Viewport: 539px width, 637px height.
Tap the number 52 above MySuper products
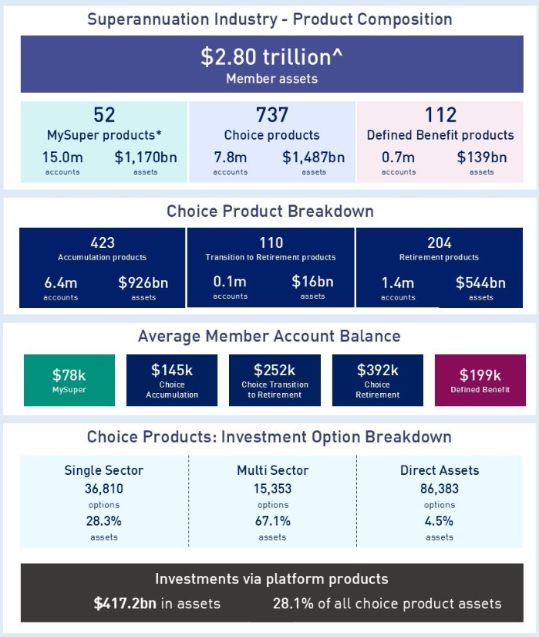(104, 115)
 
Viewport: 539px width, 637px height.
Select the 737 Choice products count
(272, 115)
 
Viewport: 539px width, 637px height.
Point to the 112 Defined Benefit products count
(440, 115)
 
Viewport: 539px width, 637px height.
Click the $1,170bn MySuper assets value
(146, 158)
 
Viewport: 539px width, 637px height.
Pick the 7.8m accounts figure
(231, 158)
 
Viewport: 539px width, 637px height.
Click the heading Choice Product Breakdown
(269, 210)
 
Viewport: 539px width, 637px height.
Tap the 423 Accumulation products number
(103, 242)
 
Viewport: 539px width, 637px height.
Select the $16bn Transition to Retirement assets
(312, 282)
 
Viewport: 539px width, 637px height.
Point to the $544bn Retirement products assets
(480, 283)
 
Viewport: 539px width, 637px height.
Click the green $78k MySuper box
(69, 380)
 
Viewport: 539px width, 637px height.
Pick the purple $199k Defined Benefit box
(480, 380)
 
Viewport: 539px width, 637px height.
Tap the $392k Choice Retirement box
(378, 380)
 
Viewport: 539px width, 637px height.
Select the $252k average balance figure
(275, 370)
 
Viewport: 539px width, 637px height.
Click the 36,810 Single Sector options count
(103, 489)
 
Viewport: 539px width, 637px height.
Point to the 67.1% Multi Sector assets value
(272, 521)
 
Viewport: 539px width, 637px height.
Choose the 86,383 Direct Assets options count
(440, 489)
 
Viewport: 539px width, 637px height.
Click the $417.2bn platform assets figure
(126, 603)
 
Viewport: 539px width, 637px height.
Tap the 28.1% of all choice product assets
(294, 603)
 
